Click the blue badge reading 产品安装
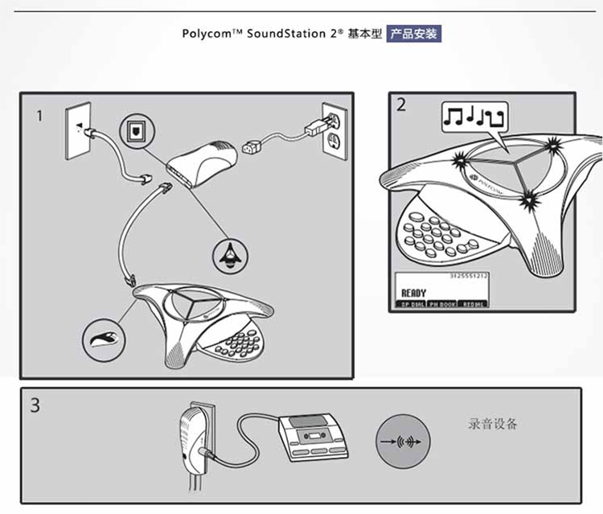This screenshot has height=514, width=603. point(414,35)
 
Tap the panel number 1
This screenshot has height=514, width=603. point(39,116)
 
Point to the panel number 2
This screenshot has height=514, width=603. point(401,104)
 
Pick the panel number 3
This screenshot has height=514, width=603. point(35,405)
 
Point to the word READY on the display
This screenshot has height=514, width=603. point(414,294)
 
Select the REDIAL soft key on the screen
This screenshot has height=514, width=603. point(476,305)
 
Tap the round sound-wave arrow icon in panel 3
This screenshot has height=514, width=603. point(403,442)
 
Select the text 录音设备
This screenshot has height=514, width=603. point(492,424)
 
